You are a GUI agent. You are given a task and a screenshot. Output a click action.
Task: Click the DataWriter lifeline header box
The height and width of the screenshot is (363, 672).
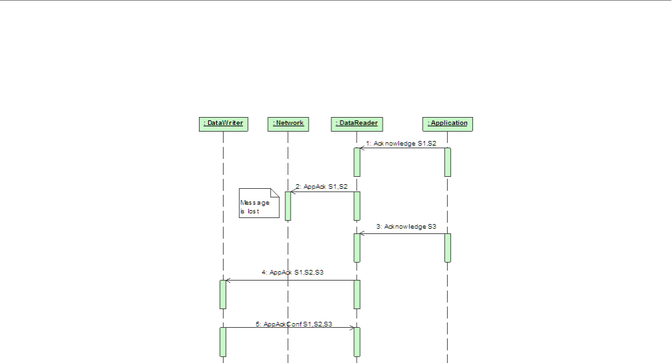[x=223, y=124]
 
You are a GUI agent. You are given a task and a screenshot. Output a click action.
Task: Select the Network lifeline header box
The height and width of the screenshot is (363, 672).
[x=288, y=124]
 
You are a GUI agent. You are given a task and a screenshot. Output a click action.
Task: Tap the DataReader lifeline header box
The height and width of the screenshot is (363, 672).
[x=357, y=124]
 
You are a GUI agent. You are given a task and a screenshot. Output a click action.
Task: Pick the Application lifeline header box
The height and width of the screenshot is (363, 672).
[x=447, y=124]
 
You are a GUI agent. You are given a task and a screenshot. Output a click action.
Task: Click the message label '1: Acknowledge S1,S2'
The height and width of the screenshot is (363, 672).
[x=401, y=143]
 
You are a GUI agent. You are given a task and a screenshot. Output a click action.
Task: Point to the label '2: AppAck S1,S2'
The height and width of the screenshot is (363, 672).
[x=321, y=187]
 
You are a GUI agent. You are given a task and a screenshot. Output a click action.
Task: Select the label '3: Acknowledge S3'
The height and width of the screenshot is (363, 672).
[x=406, y=227]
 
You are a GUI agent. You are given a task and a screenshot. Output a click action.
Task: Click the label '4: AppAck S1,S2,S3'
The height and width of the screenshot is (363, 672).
[x=293, y=273]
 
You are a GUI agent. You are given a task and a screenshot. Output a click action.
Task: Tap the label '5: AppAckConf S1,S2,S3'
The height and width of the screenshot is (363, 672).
[x=294, y=324]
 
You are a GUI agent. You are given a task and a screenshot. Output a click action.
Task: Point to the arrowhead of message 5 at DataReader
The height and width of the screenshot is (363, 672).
[x=352, y=327]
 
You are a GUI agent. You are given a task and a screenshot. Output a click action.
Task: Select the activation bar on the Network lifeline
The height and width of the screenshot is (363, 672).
[x=288, y=205]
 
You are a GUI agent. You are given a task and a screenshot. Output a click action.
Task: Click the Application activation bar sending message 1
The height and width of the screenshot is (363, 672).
[x=448, y=162]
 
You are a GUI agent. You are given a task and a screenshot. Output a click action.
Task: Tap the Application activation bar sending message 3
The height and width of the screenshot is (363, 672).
[x=448, y=247]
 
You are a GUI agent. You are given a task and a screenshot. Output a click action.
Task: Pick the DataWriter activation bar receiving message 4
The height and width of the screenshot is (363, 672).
[x=223, y=294]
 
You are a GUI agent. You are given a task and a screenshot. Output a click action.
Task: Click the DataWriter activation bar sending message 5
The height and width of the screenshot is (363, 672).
[x=223, y=342]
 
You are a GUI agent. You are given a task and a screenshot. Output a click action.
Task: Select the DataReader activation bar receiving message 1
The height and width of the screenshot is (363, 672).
[x=357, y=162]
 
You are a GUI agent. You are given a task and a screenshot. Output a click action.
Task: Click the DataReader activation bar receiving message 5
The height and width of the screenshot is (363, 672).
[x=357, y=342]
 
